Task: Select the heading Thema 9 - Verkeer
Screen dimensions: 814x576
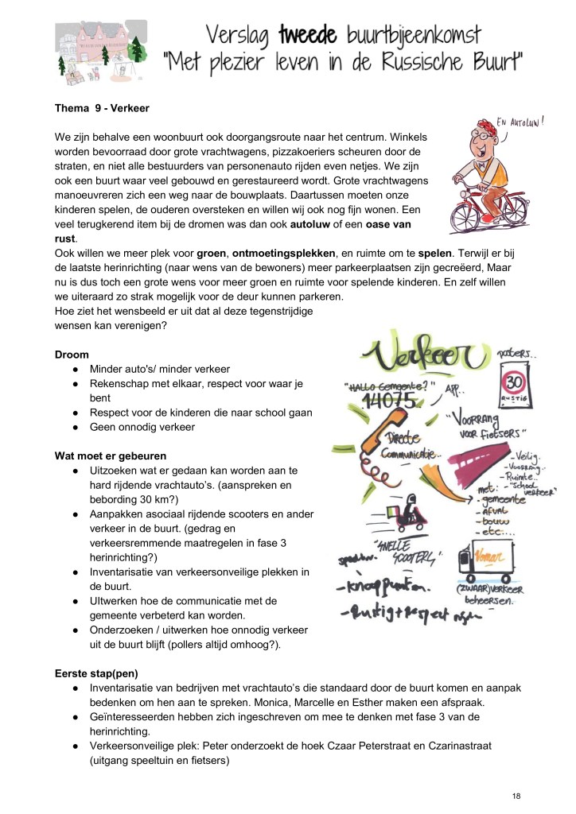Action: [x=102, y=107]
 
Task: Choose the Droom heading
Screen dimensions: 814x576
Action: [x=72, y=354]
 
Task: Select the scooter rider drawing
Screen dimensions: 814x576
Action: [x=409, y=509]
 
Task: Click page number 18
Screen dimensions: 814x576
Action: [x=516, y=795]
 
